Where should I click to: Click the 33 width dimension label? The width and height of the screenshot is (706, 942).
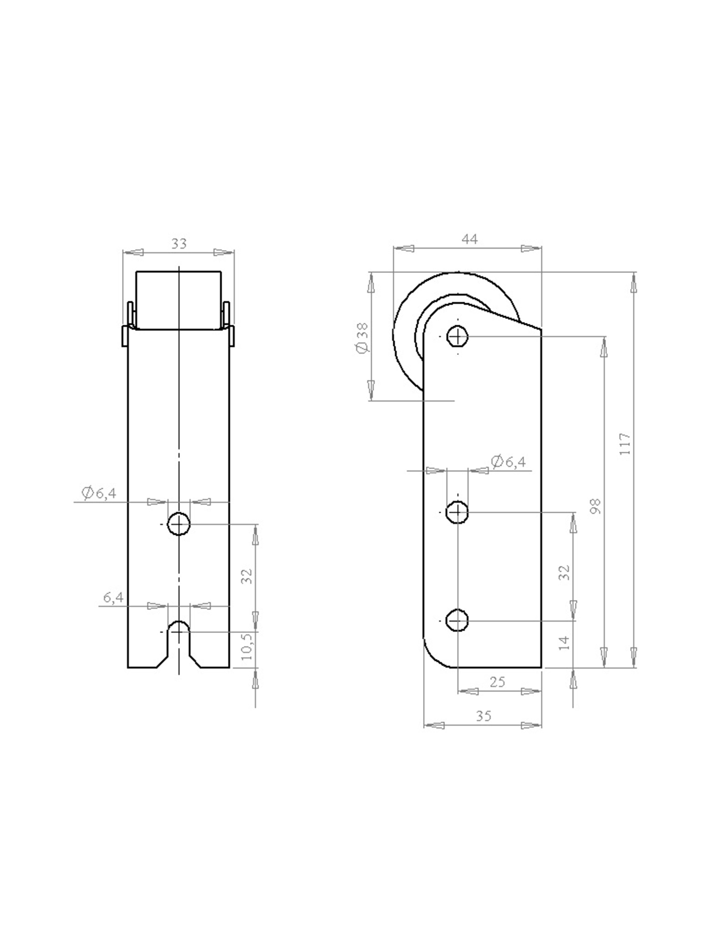click(x=179, y=244)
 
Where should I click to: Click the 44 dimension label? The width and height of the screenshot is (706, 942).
click(x=470, y=239)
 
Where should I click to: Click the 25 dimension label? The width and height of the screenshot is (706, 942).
click(x=497, y=682)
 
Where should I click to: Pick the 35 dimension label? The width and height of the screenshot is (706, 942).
click(x=483, y=716)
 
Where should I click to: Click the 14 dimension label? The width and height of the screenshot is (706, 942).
click(x=565, y=643)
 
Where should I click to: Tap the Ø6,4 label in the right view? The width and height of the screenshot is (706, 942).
click(x=508, y=461)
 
